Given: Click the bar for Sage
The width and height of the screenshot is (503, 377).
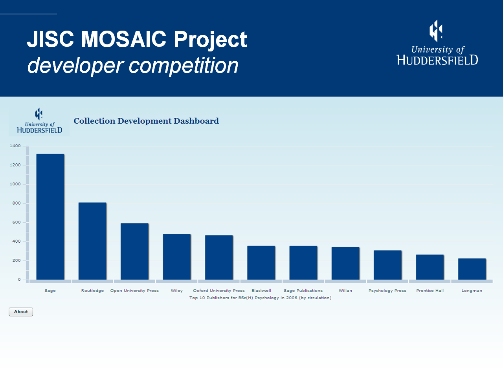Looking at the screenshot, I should coord(50,217).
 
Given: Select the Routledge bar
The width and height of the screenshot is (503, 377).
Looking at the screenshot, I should coord(92,241).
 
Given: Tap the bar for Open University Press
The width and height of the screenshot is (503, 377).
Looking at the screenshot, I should coord(134,251).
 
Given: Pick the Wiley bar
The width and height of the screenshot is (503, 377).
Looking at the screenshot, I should coord(177,257).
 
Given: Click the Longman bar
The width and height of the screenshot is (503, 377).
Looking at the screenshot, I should coord(472,269).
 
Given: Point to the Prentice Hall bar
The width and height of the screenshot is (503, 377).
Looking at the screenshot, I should coord(430,267).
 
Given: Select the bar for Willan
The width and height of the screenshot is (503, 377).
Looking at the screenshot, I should coord(345,263).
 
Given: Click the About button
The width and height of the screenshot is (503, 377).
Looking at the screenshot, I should coord(21,312).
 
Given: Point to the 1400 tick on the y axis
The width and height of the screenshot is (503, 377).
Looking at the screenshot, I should coord(15,146).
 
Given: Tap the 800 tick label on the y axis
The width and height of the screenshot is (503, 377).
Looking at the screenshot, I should coord(17,203).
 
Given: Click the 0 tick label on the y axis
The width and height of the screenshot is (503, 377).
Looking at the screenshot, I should coord(19,280).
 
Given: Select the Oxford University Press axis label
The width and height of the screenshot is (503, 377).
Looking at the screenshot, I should coord(219,291).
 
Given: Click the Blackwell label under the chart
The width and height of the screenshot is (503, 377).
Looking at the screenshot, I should coord(261,291).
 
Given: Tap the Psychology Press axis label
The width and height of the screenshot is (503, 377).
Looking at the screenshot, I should coord(387,291).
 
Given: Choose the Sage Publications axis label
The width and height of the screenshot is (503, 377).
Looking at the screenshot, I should coord(303,291).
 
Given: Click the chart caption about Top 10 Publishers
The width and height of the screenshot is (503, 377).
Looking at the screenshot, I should coord(260,298).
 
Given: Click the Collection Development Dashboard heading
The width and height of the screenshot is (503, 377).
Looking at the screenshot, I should coord(146,121).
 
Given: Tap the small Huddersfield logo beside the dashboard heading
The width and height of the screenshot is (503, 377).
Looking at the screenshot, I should coord(39,121).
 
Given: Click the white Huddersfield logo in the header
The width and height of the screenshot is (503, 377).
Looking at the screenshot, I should coord(437,43).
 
